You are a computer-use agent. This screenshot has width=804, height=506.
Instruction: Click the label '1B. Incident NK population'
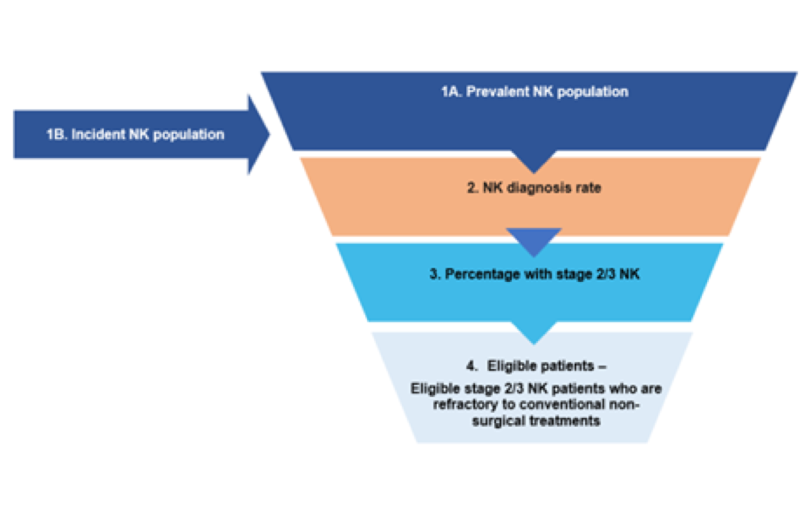(135, 134)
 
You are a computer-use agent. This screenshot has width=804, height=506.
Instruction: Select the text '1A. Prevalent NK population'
(535, 92)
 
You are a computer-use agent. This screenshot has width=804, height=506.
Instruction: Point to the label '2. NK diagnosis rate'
(534, 188)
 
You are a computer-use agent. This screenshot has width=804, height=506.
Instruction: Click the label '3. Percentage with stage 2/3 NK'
(534, 274)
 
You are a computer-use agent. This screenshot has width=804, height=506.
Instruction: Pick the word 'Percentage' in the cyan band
(481, 274)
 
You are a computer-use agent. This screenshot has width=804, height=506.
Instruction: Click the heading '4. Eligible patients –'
(536, 366)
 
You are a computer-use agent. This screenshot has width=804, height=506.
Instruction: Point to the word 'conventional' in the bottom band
(562, 404)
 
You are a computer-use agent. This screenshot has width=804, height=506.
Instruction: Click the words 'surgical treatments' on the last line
(536, 421)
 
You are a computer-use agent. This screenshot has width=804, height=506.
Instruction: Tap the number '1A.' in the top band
(451, 92)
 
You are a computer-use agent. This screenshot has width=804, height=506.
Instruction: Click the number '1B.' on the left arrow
(57, 134)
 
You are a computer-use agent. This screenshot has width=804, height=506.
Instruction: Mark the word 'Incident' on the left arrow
(98, 134)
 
